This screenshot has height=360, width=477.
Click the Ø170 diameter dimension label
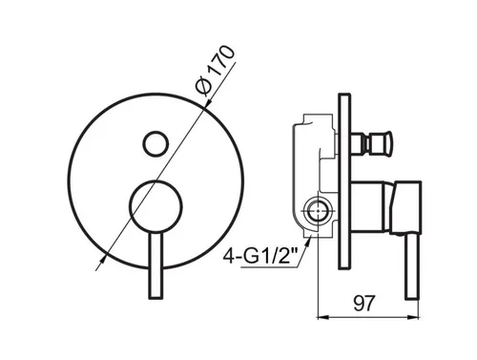point(215,71)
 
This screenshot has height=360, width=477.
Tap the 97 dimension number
point(364,304)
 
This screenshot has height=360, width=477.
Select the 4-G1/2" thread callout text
point(259,256)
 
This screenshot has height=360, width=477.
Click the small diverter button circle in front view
point(156,143)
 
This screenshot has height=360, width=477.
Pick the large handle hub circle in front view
point(156,205)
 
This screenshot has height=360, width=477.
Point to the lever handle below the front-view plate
point(156,265)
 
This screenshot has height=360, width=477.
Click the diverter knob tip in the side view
point(388,142)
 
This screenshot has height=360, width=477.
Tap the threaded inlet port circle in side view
point(317,211)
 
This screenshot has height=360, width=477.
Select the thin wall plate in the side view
point(343,181)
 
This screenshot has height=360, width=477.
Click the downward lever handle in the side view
point(412,266)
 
